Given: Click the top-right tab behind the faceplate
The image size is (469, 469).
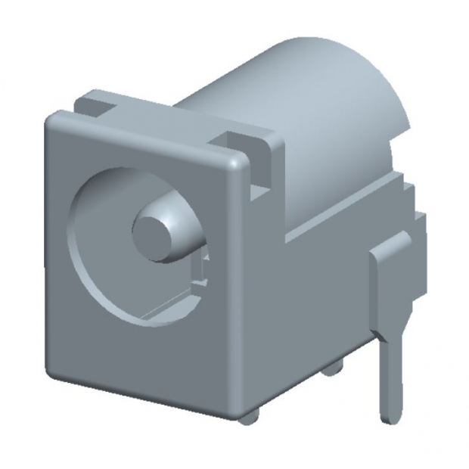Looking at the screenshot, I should [250, 140].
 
